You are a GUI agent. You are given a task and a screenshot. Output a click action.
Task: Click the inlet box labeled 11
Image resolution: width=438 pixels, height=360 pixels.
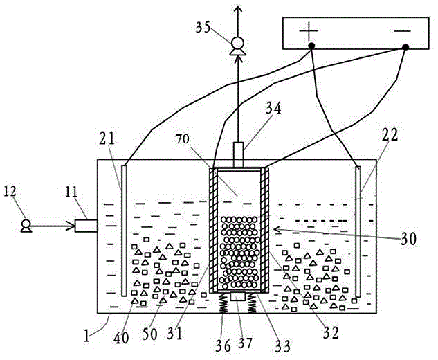click(86, 224)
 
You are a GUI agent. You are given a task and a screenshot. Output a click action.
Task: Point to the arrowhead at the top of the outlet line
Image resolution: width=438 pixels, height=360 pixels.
click(239, 8)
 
